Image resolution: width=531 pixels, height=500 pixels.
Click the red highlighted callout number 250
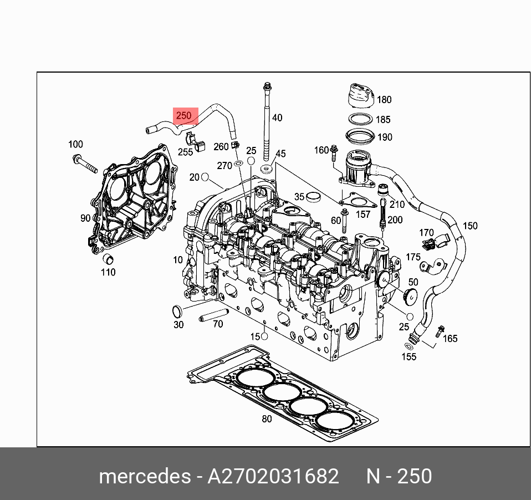[183, 116]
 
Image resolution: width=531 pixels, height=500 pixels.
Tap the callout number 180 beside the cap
[384, 100]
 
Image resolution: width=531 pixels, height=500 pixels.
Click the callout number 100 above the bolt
[76, 145]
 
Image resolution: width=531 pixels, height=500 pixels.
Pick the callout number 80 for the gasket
[267, 419]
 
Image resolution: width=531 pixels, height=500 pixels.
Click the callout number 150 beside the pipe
[470, 226]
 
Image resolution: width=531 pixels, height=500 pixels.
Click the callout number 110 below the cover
[108, 272]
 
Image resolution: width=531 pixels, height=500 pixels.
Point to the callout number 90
[85, 218]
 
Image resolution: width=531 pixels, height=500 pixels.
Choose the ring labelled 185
[360, 119]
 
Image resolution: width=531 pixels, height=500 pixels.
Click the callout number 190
[384, 137]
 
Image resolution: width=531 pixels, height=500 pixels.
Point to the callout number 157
[363, 214]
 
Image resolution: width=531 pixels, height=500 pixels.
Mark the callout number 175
[413, 257]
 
